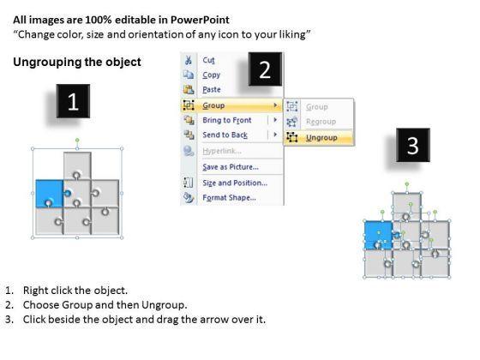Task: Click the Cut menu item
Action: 208,60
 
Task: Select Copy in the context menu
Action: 211,75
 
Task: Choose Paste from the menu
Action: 212,90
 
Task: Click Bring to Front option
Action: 227,120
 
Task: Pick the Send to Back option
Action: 225,135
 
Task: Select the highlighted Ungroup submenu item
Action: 321,138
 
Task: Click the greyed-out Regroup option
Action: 321,122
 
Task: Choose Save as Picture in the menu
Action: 231,167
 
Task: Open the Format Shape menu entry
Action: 230,197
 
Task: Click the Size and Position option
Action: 235,183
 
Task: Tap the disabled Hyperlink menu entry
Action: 222,151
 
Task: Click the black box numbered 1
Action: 73,101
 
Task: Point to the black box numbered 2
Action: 265,69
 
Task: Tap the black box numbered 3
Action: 413,145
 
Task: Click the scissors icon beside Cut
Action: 189,60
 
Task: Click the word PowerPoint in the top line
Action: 200,21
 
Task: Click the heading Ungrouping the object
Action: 77,62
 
